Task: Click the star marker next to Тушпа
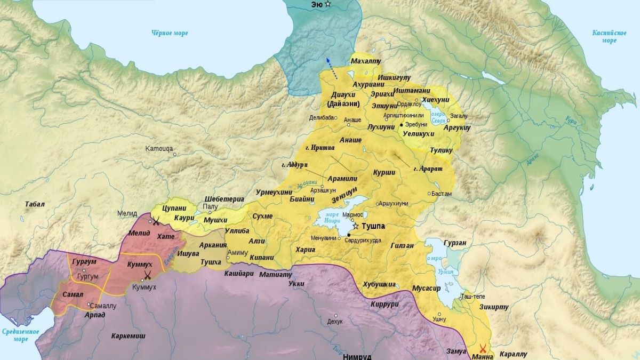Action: pos(356,227)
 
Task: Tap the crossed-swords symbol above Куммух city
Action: pos(147,275)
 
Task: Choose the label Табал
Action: pos(35,204)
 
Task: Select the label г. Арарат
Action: pos(428,169)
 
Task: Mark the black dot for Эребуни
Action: pos(401,124)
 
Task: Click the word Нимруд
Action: pos(357,356)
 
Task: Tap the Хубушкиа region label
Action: pos(380,284)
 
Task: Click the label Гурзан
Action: pos(455,243)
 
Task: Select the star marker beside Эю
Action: pos(328,4)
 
